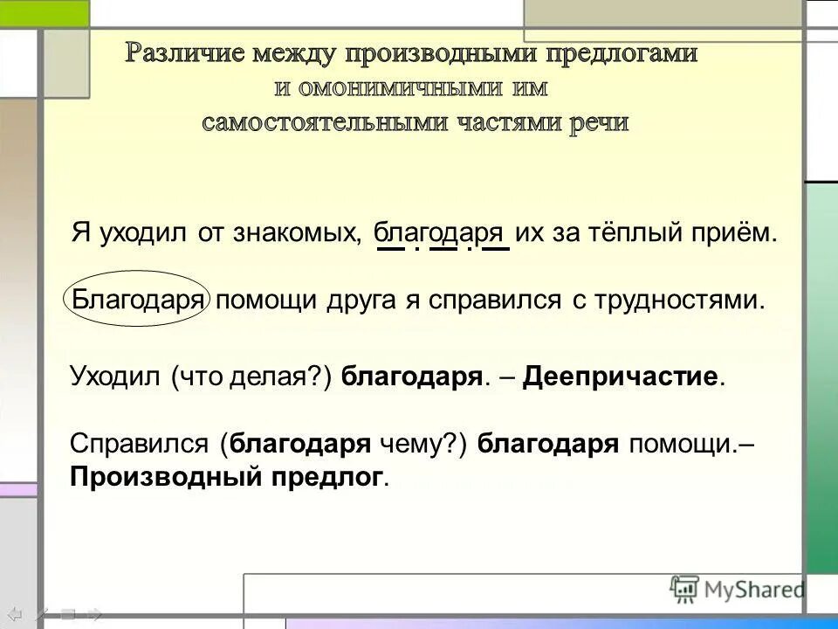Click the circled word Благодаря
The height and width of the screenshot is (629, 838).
(137, 301)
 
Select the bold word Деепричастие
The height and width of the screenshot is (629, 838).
(622, 377)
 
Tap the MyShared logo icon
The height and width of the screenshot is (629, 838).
(683, 590)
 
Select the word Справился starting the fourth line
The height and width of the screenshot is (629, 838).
(139, 444)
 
